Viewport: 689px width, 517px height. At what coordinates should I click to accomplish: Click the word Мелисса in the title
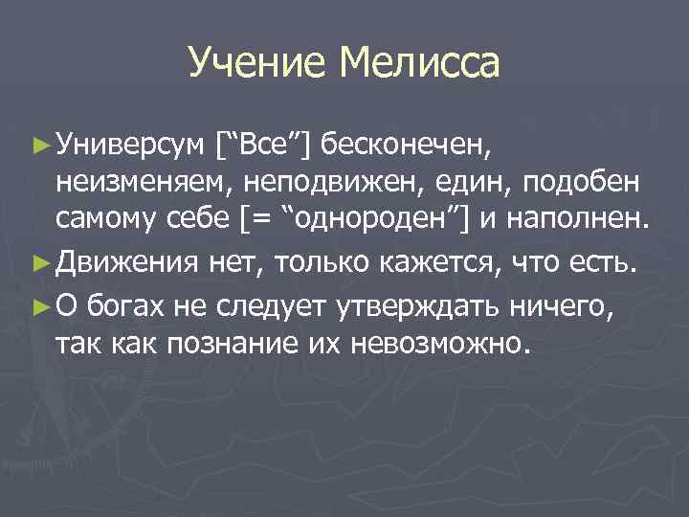[x=420, y=63]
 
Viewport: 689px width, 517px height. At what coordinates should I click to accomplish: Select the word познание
[x=225, y=343]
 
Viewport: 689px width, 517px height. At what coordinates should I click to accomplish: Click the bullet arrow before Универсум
[x=41, y=145]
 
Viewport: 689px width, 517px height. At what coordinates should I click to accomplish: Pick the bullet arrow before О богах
[x=41, y=304]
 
